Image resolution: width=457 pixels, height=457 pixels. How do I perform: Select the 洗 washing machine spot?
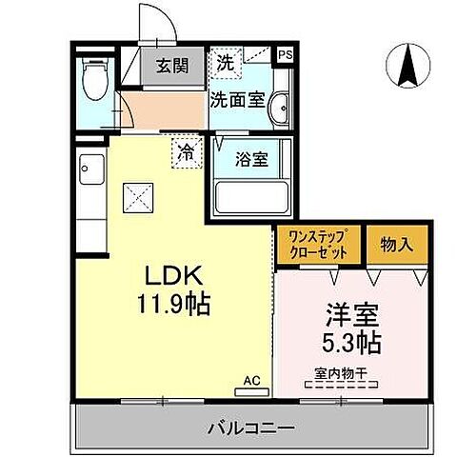click(x=224, y=63)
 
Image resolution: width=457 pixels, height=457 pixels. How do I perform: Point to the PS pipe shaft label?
click(x=285, y=55)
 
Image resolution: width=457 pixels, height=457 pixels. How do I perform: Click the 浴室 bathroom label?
click(x=252, y=159)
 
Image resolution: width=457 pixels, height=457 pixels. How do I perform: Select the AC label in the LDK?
click(x=252, y=380)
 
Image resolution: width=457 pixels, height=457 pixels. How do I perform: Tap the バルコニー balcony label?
click(x=250, y=427)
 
